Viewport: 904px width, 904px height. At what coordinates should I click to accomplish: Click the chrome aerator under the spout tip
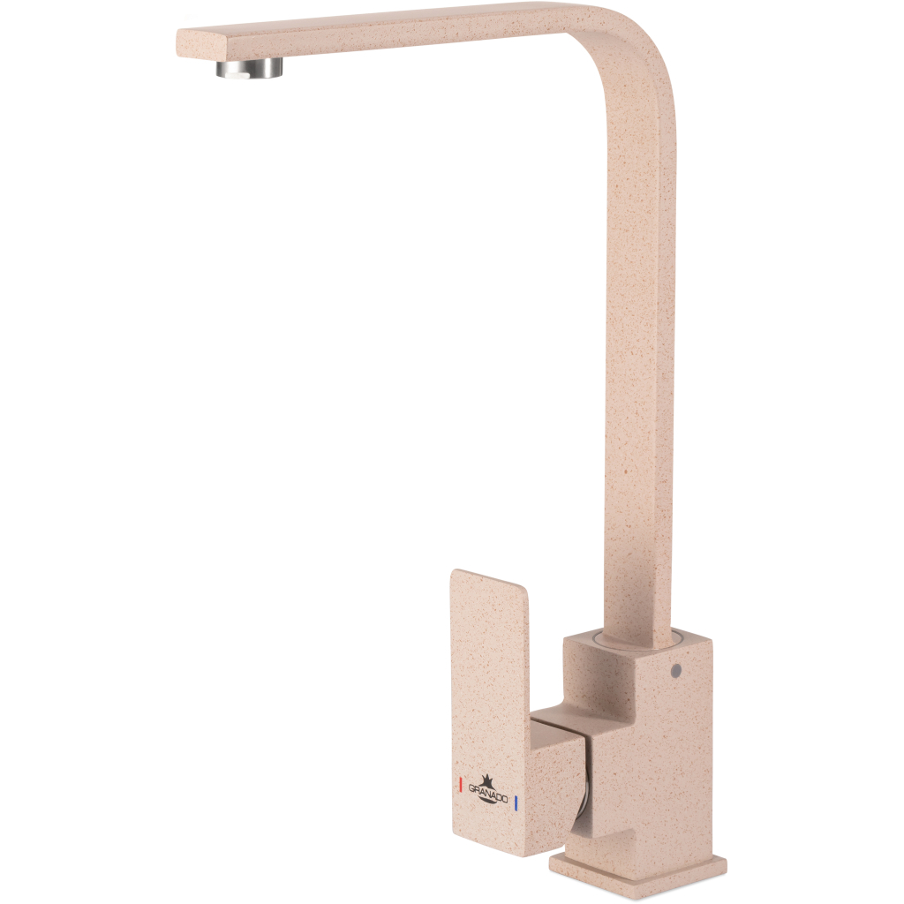click(250, 67)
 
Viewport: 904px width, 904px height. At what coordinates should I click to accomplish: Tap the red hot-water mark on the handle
click(460, 785)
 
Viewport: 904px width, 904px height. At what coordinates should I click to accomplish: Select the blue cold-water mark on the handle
click(516, 802)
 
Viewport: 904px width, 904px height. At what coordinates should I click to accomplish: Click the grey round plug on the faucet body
click(675, 671)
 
